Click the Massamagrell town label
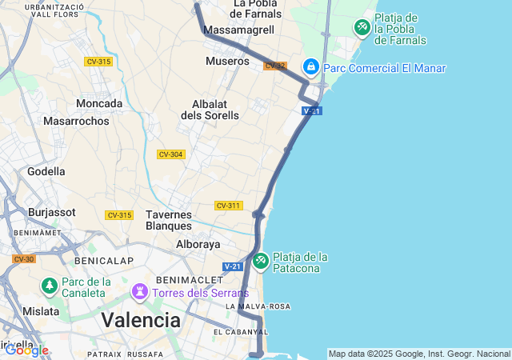[239, 30]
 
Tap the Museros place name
[227, 61]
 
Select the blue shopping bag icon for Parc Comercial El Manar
[311, 67]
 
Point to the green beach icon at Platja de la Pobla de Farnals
[362, 28]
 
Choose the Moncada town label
[99, 103]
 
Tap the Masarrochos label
[76, 121]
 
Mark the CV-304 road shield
[170, 154]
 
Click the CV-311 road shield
[228, 206]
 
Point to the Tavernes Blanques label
[169, 220]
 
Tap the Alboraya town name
[198, 244]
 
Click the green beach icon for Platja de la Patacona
[261, 261]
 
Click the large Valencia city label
[141, 320]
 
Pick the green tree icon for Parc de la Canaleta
[50, 286]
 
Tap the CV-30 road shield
[24, 258]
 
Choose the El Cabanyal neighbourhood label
[239, 331]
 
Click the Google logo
[26, 350]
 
